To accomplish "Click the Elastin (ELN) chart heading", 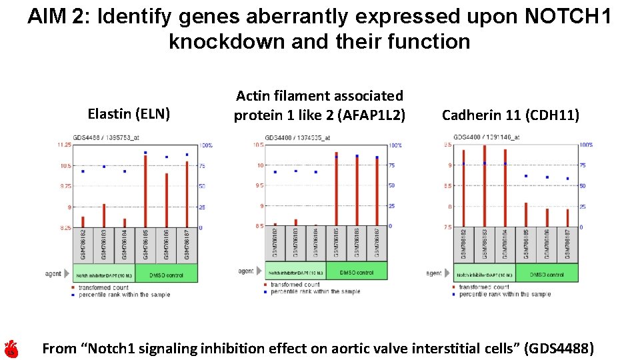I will click(x=129, y=114).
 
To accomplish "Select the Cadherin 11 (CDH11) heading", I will click(x=511, y=115).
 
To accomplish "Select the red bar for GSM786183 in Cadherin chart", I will click(x=485, y=186).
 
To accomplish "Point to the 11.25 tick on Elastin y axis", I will click(x=64, y=145).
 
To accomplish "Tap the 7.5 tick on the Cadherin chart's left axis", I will click(x=447, y=227).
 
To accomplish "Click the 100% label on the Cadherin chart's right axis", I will click(x=586, y=145).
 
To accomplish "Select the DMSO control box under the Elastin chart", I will click(x=166, y=274).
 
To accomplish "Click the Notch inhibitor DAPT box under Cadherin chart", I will click(x=485, y=274).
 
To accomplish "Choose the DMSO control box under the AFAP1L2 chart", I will click(x=357, y=272).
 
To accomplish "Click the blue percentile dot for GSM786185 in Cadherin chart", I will click(x=526, y=176).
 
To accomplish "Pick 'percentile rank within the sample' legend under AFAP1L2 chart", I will click(x=315, y=291).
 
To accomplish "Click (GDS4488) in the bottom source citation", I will click(x=559, y=348).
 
